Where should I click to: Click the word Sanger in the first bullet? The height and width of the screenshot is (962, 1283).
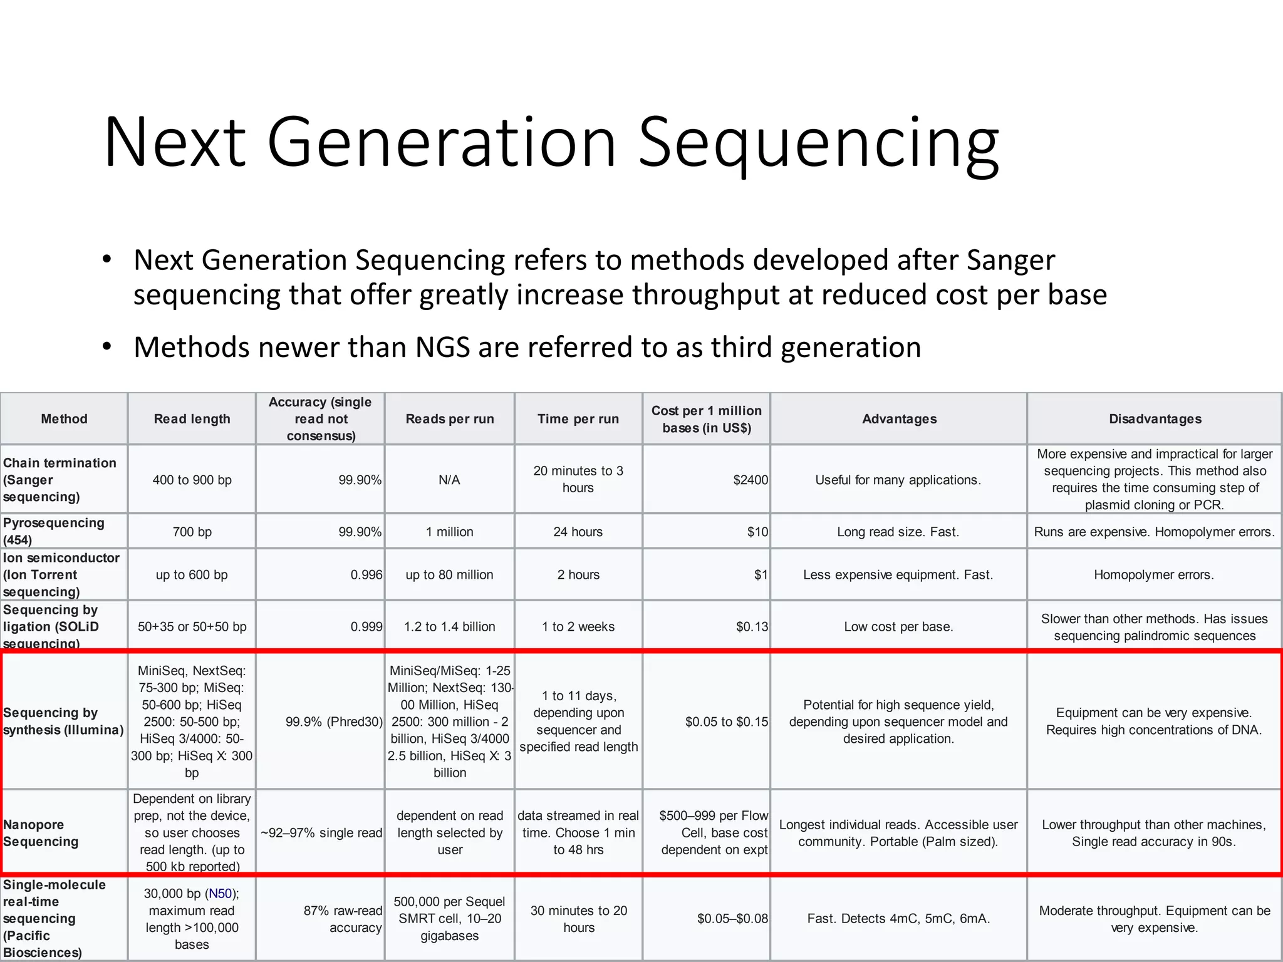pyautogui.click(x=1010, y=260)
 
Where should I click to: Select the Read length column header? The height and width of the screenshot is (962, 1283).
pyautogui.click(x=192, y=419)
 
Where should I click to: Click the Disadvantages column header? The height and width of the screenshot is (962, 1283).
pyautogui.click(x=1155, y=419)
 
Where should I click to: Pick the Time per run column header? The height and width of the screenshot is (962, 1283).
pyautogui.click(x=578, y=419)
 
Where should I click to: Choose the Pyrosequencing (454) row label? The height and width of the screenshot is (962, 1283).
pyautogui.click(x=54, y=531)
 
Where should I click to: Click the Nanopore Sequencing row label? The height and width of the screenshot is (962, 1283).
pyautogui.click(x=41, y=833)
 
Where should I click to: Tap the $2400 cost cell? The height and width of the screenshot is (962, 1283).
pyautogui.click(x=750, y=480)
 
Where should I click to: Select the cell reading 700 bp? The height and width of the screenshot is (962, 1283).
pyautogui.click(x=192, y=532)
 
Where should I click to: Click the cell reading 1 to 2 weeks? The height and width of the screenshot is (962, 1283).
pyautogui.click(x=578, y=626)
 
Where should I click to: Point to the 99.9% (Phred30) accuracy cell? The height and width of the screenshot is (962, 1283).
pyautogui.click(x=333, y=721)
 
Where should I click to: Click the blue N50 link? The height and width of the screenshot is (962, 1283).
pyautogui.click(x=220, y=894)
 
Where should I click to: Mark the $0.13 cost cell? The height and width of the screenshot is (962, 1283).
pyautogui.click(x=751, y=626)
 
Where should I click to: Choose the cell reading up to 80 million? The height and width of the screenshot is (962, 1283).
pyautogui.click(x=449, y=574)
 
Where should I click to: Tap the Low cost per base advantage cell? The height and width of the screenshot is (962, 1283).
pyautogui.click(x=898, y=626)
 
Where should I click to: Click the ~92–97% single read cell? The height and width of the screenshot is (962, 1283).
pyautogui.click(x=321, y=833)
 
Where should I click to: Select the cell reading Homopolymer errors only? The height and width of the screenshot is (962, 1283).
pyautogui.click(x=1153, y=574)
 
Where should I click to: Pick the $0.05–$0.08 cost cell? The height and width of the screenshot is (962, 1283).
pyautogui.click(x=732, y=919)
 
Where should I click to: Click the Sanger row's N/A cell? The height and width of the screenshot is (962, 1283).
pyautogui.click(x=449, y=480)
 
